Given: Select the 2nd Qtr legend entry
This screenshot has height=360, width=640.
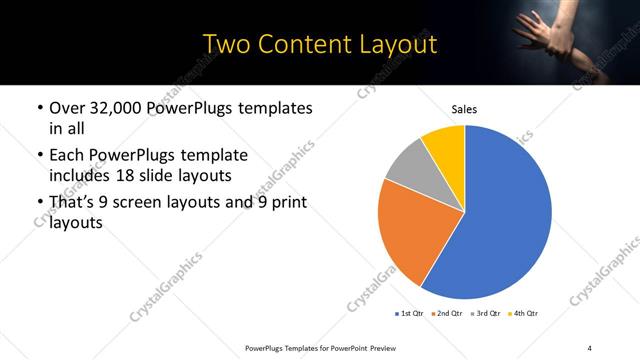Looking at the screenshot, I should tap(447, 314).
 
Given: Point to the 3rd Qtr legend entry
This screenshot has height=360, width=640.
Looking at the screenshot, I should tap(485, 314).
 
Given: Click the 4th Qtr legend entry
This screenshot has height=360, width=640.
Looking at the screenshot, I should tap(523, 314).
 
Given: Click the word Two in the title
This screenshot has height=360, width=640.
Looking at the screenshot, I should tap(227, 44).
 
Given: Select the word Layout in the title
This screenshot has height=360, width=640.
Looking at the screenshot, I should tap(400, 44).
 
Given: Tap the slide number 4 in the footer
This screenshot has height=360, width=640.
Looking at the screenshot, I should tap(590, 347).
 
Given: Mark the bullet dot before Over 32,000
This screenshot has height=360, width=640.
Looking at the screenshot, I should tap(38, 108).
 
